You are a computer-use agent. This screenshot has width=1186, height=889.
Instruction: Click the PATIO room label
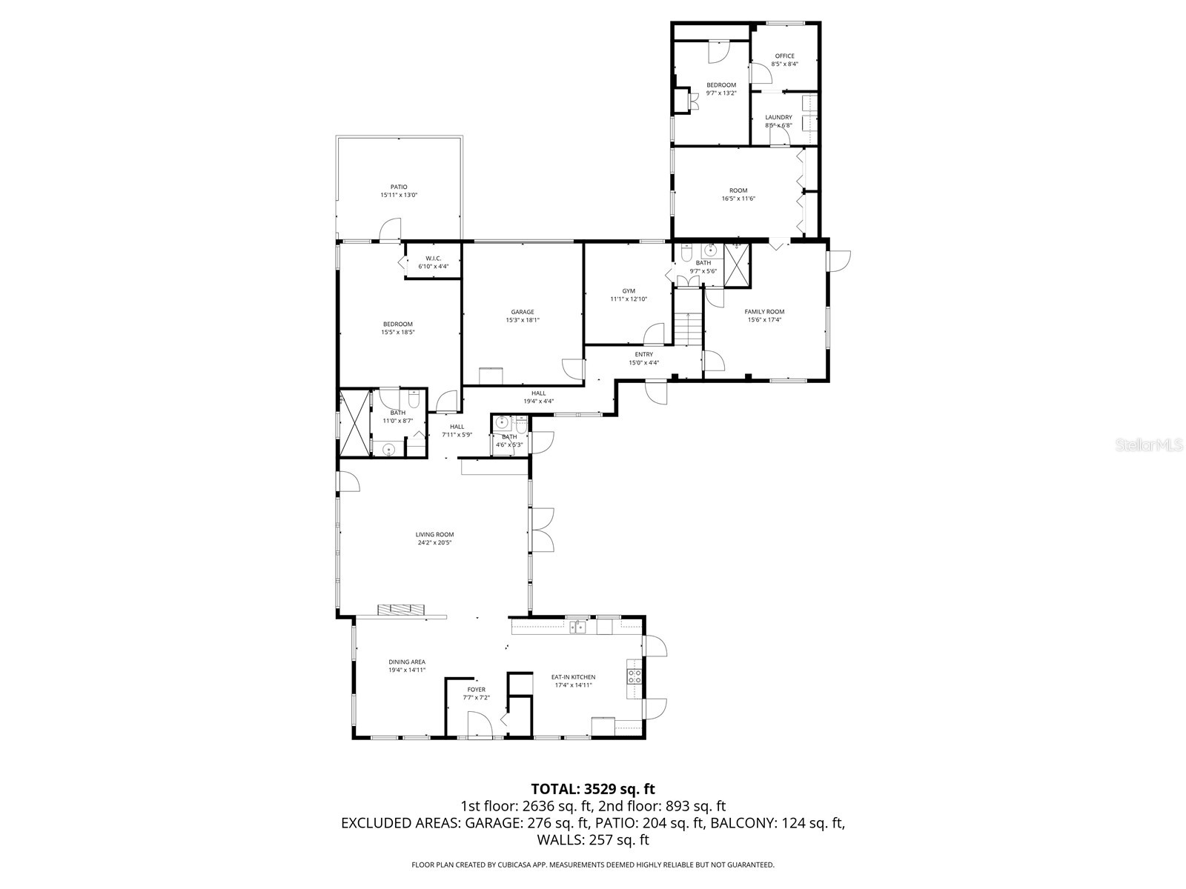coord(399,187)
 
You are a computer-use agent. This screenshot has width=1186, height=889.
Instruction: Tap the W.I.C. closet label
coord(433,258)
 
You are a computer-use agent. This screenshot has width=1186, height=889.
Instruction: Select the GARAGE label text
coord(522,312)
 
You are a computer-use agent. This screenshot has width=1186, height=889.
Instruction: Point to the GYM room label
coord(629,291)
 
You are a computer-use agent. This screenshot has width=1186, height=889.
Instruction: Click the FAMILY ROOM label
coord(764,312)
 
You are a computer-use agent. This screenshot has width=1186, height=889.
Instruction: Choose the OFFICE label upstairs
coord(784,56)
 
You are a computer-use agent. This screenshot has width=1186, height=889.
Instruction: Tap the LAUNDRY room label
coord(778,117)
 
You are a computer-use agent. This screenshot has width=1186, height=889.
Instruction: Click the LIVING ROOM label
coord(434,534)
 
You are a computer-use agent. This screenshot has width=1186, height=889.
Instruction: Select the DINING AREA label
coord(407,662)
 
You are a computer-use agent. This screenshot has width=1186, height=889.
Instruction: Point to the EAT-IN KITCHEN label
coord(573,676)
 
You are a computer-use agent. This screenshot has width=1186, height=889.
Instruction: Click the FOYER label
coord(476,690)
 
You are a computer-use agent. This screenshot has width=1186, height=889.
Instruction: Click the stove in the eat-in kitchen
coord(635,676)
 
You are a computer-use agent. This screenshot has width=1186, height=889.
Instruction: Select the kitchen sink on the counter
coord(578,627)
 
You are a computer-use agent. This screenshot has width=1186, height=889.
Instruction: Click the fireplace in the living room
coord(402,610)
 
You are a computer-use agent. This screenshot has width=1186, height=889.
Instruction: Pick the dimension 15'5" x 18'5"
coord(398,332)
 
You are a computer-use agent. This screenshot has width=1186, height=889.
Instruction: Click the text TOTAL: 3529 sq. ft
coord(593,789)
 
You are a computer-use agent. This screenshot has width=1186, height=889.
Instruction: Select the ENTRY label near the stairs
coord(643,354)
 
